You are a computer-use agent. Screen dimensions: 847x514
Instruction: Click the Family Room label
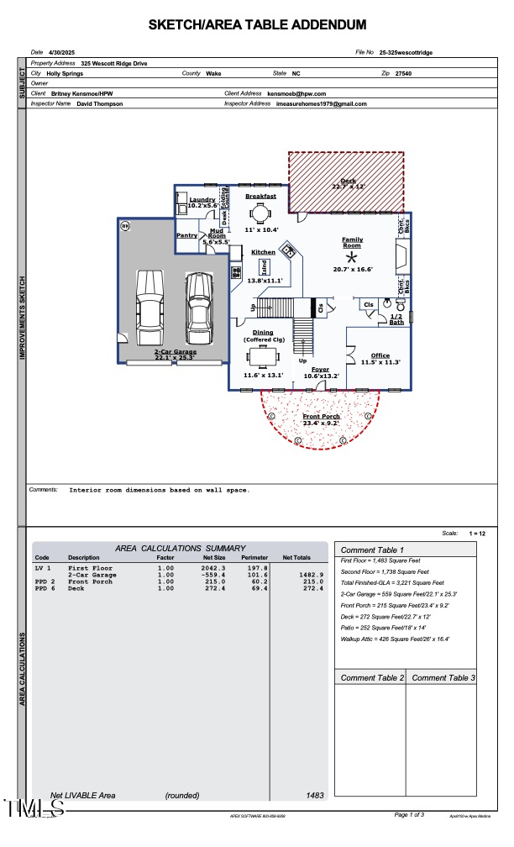coord(353,242)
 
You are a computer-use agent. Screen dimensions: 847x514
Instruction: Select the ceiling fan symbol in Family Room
coord(353,256)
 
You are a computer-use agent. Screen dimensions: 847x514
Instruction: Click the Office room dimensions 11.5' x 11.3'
coord(380,361)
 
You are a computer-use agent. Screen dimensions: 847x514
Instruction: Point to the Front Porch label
coord(321,416)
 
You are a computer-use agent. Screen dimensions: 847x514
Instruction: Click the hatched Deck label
coord(347,181)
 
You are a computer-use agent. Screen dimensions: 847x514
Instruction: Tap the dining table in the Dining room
coord(263,357)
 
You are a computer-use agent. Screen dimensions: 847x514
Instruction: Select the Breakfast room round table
coord(260,213)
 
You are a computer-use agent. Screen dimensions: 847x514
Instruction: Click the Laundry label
coord(202,199)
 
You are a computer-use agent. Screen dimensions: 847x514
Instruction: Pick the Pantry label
coord(186,236)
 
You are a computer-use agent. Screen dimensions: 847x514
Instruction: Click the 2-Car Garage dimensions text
coord(174,357)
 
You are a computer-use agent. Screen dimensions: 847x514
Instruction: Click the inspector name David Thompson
coord(99,103)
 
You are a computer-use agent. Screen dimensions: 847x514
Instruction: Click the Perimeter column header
coord(254,558)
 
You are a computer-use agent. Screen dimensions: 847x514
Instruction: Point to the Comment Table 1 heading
coord(372,550)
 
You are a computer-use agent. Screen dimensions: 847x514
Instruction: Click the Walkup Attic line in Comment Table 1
coord(395,639)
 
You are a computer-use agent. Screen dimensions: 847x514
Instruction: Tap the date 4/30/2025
coord(63,52)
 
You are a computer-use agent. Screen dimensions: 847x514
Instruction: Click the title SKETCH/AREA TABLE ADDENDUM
coord(257,25)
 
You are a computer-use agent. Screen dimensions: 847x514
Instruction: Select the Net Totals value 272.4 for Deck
coord(312,588)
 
